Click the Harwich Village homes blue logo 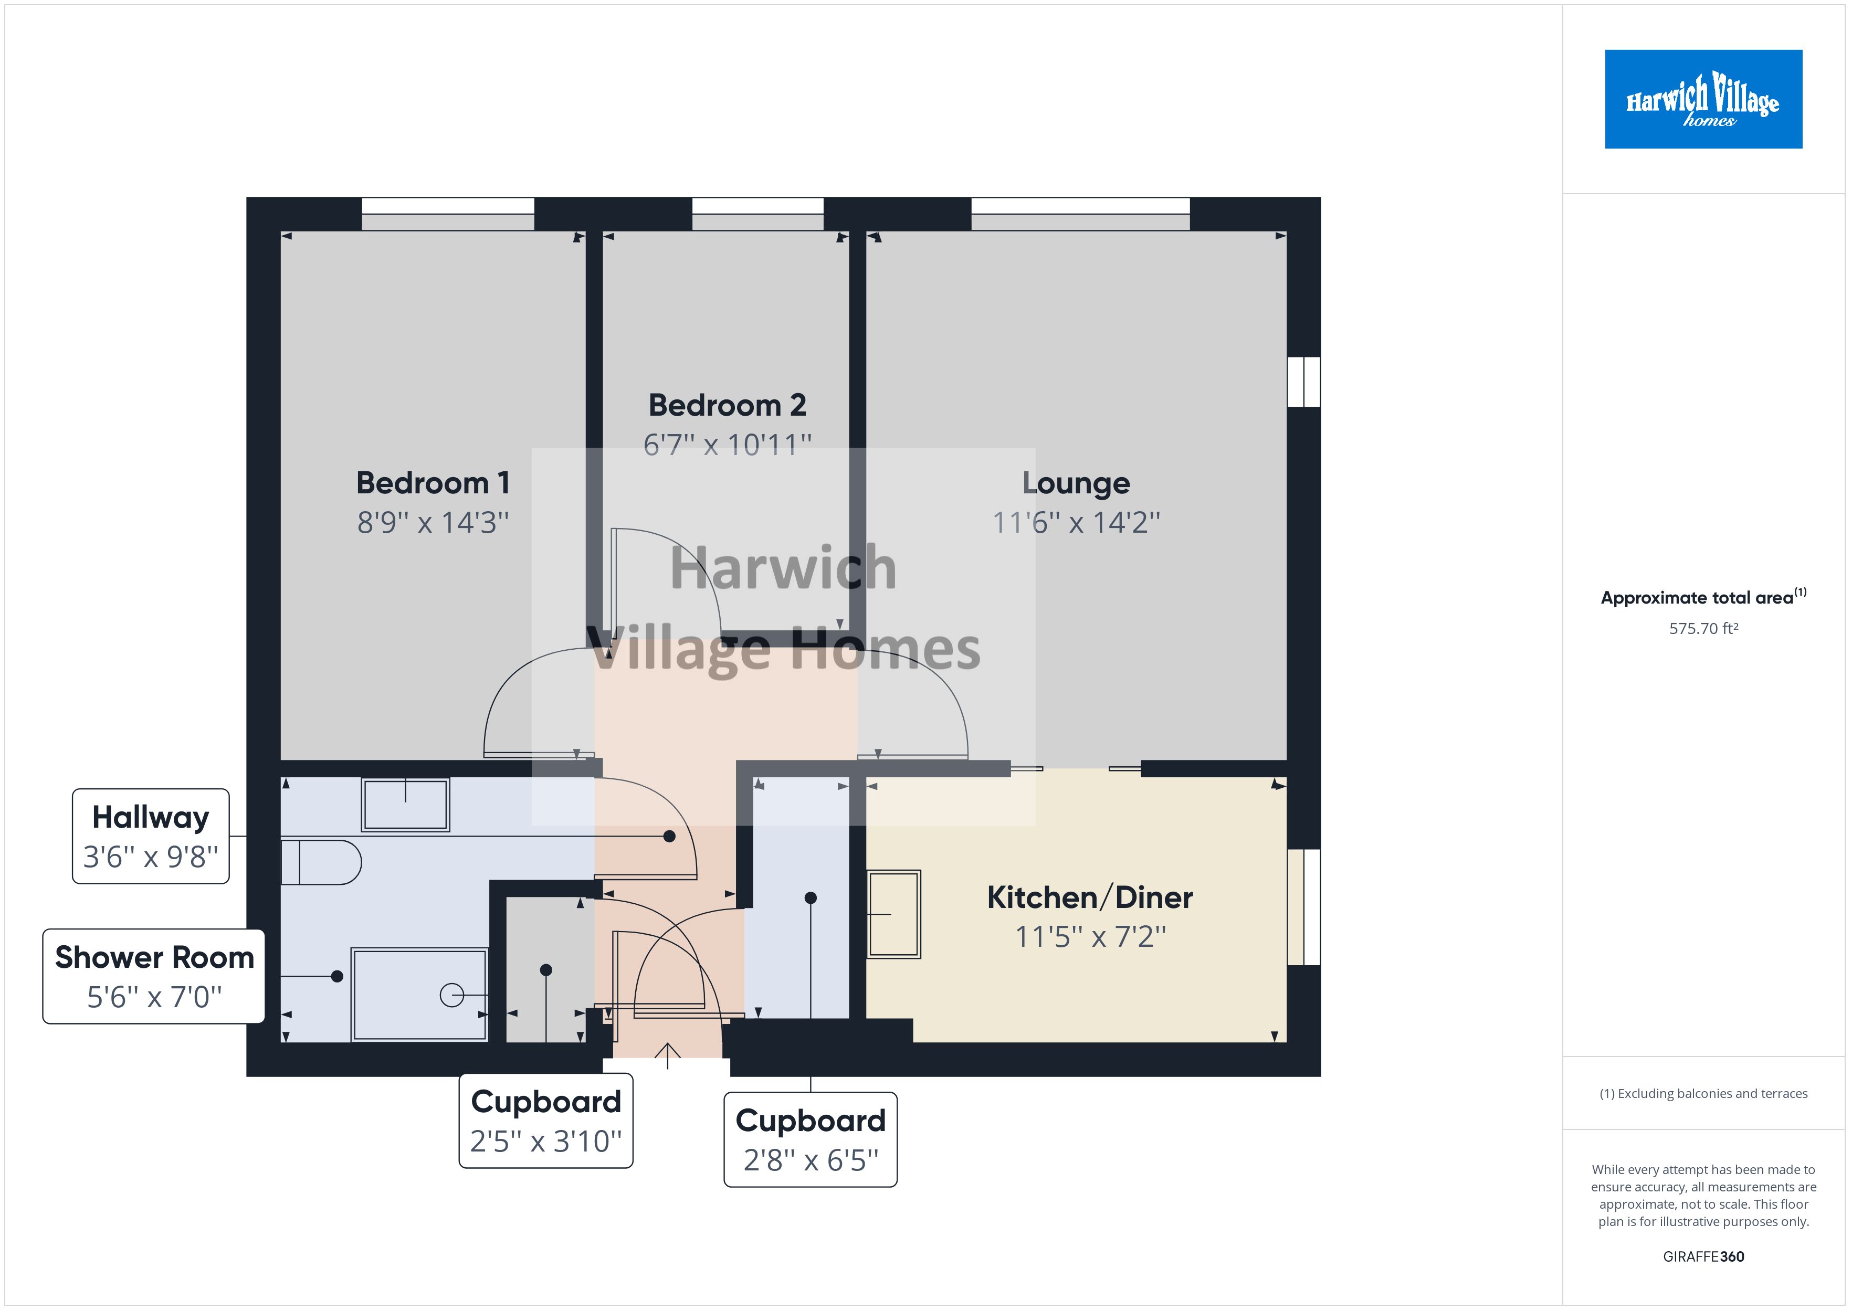[1703, 99]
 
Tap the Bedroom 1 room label [433, 482]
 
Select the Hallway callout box [151, 836]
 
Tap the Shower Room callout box [153, 976]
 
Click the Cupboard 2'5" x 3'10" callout [546, 1121]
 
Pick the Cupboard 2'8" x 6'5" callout [810, 1139]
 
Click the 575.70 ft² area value [1703, 628]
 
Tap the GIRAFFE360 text [1703, 1256]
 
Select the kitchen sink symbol [894, 914]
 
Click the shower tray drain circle [451, 996]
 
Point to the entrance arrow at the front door [667, 1054]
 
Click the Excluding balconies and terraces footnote [1703, 1093]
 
